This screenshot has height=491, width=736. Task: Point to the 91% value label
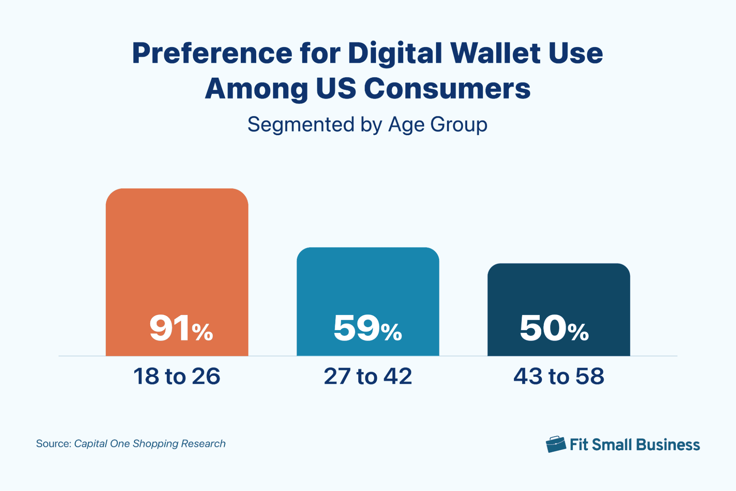tap(181, 328)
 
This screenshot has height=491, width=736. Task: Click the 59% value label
tap(367, 328)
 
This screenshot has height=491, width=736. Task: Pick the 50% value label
tap(554, 328)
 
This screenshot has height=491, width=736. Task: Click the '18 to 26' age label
tap(177, 376)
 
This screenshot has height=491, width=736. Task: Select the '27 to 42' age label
tap(368, 376)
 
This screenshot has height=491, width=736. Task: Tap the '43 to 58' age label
tap(559, 376)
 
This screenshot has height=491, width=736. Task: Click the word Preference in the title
tap(212, 53)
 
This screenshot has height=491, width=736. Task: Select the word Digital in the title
tap(395, 53)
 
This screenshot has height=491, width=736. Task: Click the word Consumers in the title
tap(447, 89)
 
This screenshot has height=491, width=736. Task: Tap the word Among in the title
tap(256, 89)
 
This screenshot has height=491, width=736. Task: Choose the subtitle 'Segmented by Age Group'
tap(367, 124)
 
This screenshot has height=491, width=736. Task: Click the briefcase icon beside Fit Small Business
tap(556, 444)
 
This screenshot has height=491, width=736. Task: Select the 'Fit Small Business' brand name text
tap(634, 445)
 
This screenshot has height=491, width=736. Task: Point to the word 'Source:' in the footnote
tap(53, 443)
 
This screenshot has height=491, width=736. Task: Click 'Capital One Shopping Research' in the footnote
tap(150, 443)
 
